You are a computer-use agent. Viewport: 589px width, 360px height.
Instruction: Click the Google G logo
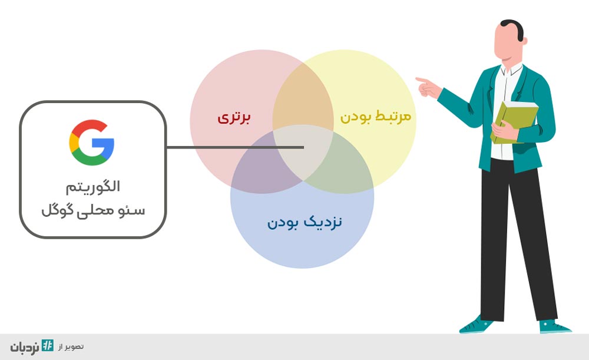(x=92, y=143)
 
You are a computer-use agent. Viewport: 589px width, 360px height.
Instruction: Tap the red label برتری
(x=234, y=118)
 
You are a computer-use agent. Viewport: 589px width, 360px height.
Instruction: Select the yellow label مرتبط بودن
(x=375, y=116)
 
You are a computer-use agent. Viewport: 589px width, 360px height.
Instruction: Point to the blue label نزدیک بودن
(x=305, y=222)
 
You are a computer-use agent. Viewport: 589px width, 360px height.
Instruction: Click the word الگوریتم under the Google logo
(x=93, y=187)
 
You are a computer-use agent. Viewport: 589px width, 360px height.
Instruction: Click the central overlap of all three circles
(x=303, y=153)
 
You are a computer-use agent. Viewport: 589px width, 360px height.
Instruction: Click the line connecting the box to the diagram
(x=235, y=147)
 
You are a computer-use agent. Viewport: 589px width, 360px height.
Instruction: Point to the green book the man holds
(x=515, y=122)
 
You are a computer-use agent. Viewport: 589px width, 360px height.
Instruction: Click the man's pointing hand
(x=428, y=88)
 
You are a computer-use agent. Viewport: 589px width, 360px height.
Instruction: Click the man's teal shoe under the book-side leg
(x=555, y=326)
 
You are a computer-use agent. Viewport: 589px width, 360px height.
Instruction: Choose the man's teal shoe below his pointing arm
(x=477, y=325)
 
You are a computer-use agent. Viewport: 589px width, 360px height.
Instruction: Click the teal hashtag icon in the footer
(x=48, y=345)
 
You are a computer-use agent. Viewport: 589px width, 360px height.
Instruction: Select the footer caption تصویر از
(x=71, y=346)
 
